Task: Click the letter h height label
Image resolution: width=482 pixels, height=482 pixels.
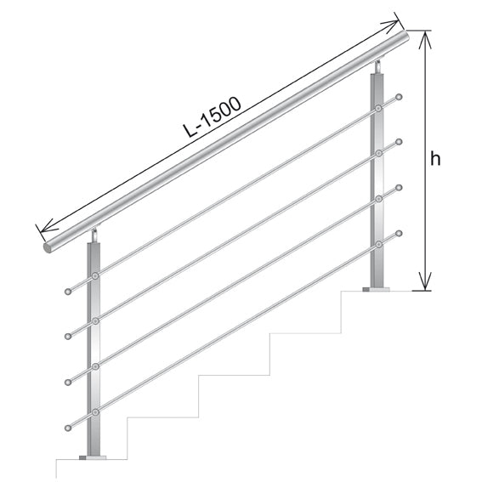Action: pyautogui.click(x=434, y=158)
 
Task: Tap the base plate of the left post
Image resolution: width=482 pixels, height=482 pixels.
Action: pyautogui.click(x=94, y=460)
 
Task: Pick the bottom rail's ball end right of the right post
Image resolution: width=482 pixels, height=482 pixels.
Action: pyautogui.click(x=400, y=231)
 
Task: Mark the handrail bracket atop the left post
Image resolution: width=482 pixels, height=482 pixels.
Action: pyautogui.click(x=96, y=233)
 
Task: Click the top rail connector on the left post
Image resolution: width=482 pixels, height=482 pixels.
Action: pyautogui.click(x=95, y=275)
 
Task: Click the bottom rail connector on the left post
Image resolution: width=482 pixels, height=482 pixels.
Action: pyautogui.click(x=95, y=411)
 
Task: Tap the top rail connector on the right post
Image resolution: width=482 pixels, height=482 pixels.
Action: pyautogui.click(x=377, y=110)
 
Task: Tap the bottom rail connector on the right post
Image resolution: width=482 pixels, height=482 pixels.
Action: pyautogui.click(x=377, y=244)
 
